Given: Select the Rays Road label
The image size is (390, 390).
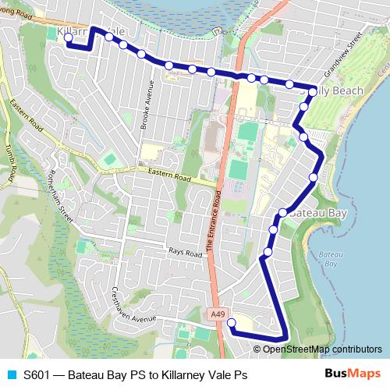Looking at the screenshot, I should point(185,251).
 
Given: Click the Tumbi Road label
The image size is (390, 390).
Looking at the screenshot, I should point(9,165).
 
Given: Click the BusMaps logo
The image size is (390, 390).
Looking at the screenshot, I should point(352,374).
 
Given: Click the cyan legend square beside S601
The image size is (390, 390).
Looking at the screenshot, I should point(10,375).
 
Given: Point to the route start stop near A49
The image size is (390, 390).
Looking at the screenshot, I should point(231,322).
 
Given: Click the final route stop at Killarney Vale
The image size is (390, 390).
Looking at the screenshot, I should point(69,37).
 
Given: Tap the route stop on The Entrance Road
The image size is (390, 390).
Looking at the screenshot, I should point(251,77).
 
